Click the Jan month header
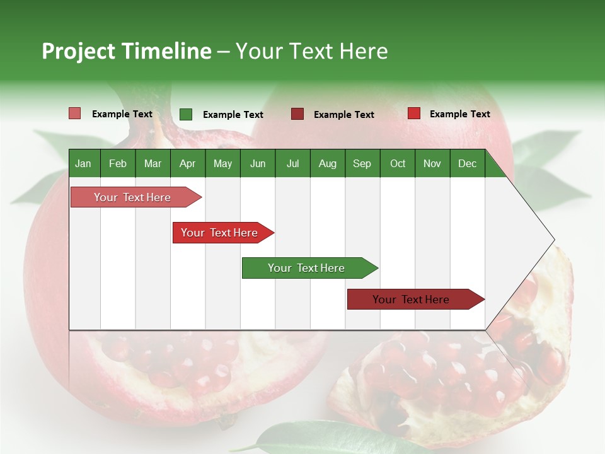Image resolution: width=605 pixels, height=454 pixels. tap(83, 163)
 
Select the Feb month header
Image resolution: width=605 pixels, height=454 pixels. tap(118, 163)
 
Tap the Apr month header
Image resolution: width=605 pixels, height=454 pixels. tap(187, 163)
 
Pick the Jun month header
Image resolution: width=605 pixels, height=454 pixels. tap(258, 163)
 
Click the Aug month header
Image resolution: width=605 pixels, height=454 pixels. tap(327, 163)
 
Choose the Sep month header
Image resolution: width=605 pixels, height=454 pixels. tap(362, 163)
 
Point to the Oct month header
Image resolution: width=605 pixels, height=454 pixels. tap(398, 163)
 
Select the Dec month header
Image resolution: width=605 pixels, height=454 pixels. tap(467, 163)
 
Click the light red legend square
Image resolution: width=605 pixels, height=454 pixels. tap(75, 113)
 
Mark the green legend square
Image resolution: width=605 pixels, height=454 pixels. tap(186, 114)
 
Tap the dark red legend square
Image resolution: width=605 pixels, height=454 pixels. tap(297, 114)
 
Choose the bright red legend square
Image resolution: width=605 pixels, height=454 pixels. tap(414, 113)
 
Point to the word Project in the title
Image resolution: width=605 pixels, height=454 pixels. tap(79, 51)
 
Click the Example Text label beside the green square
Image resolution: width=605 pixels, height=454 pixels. tap(233, 115)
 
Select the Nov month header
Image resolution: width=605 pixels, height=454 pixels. tap(432, 163)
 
